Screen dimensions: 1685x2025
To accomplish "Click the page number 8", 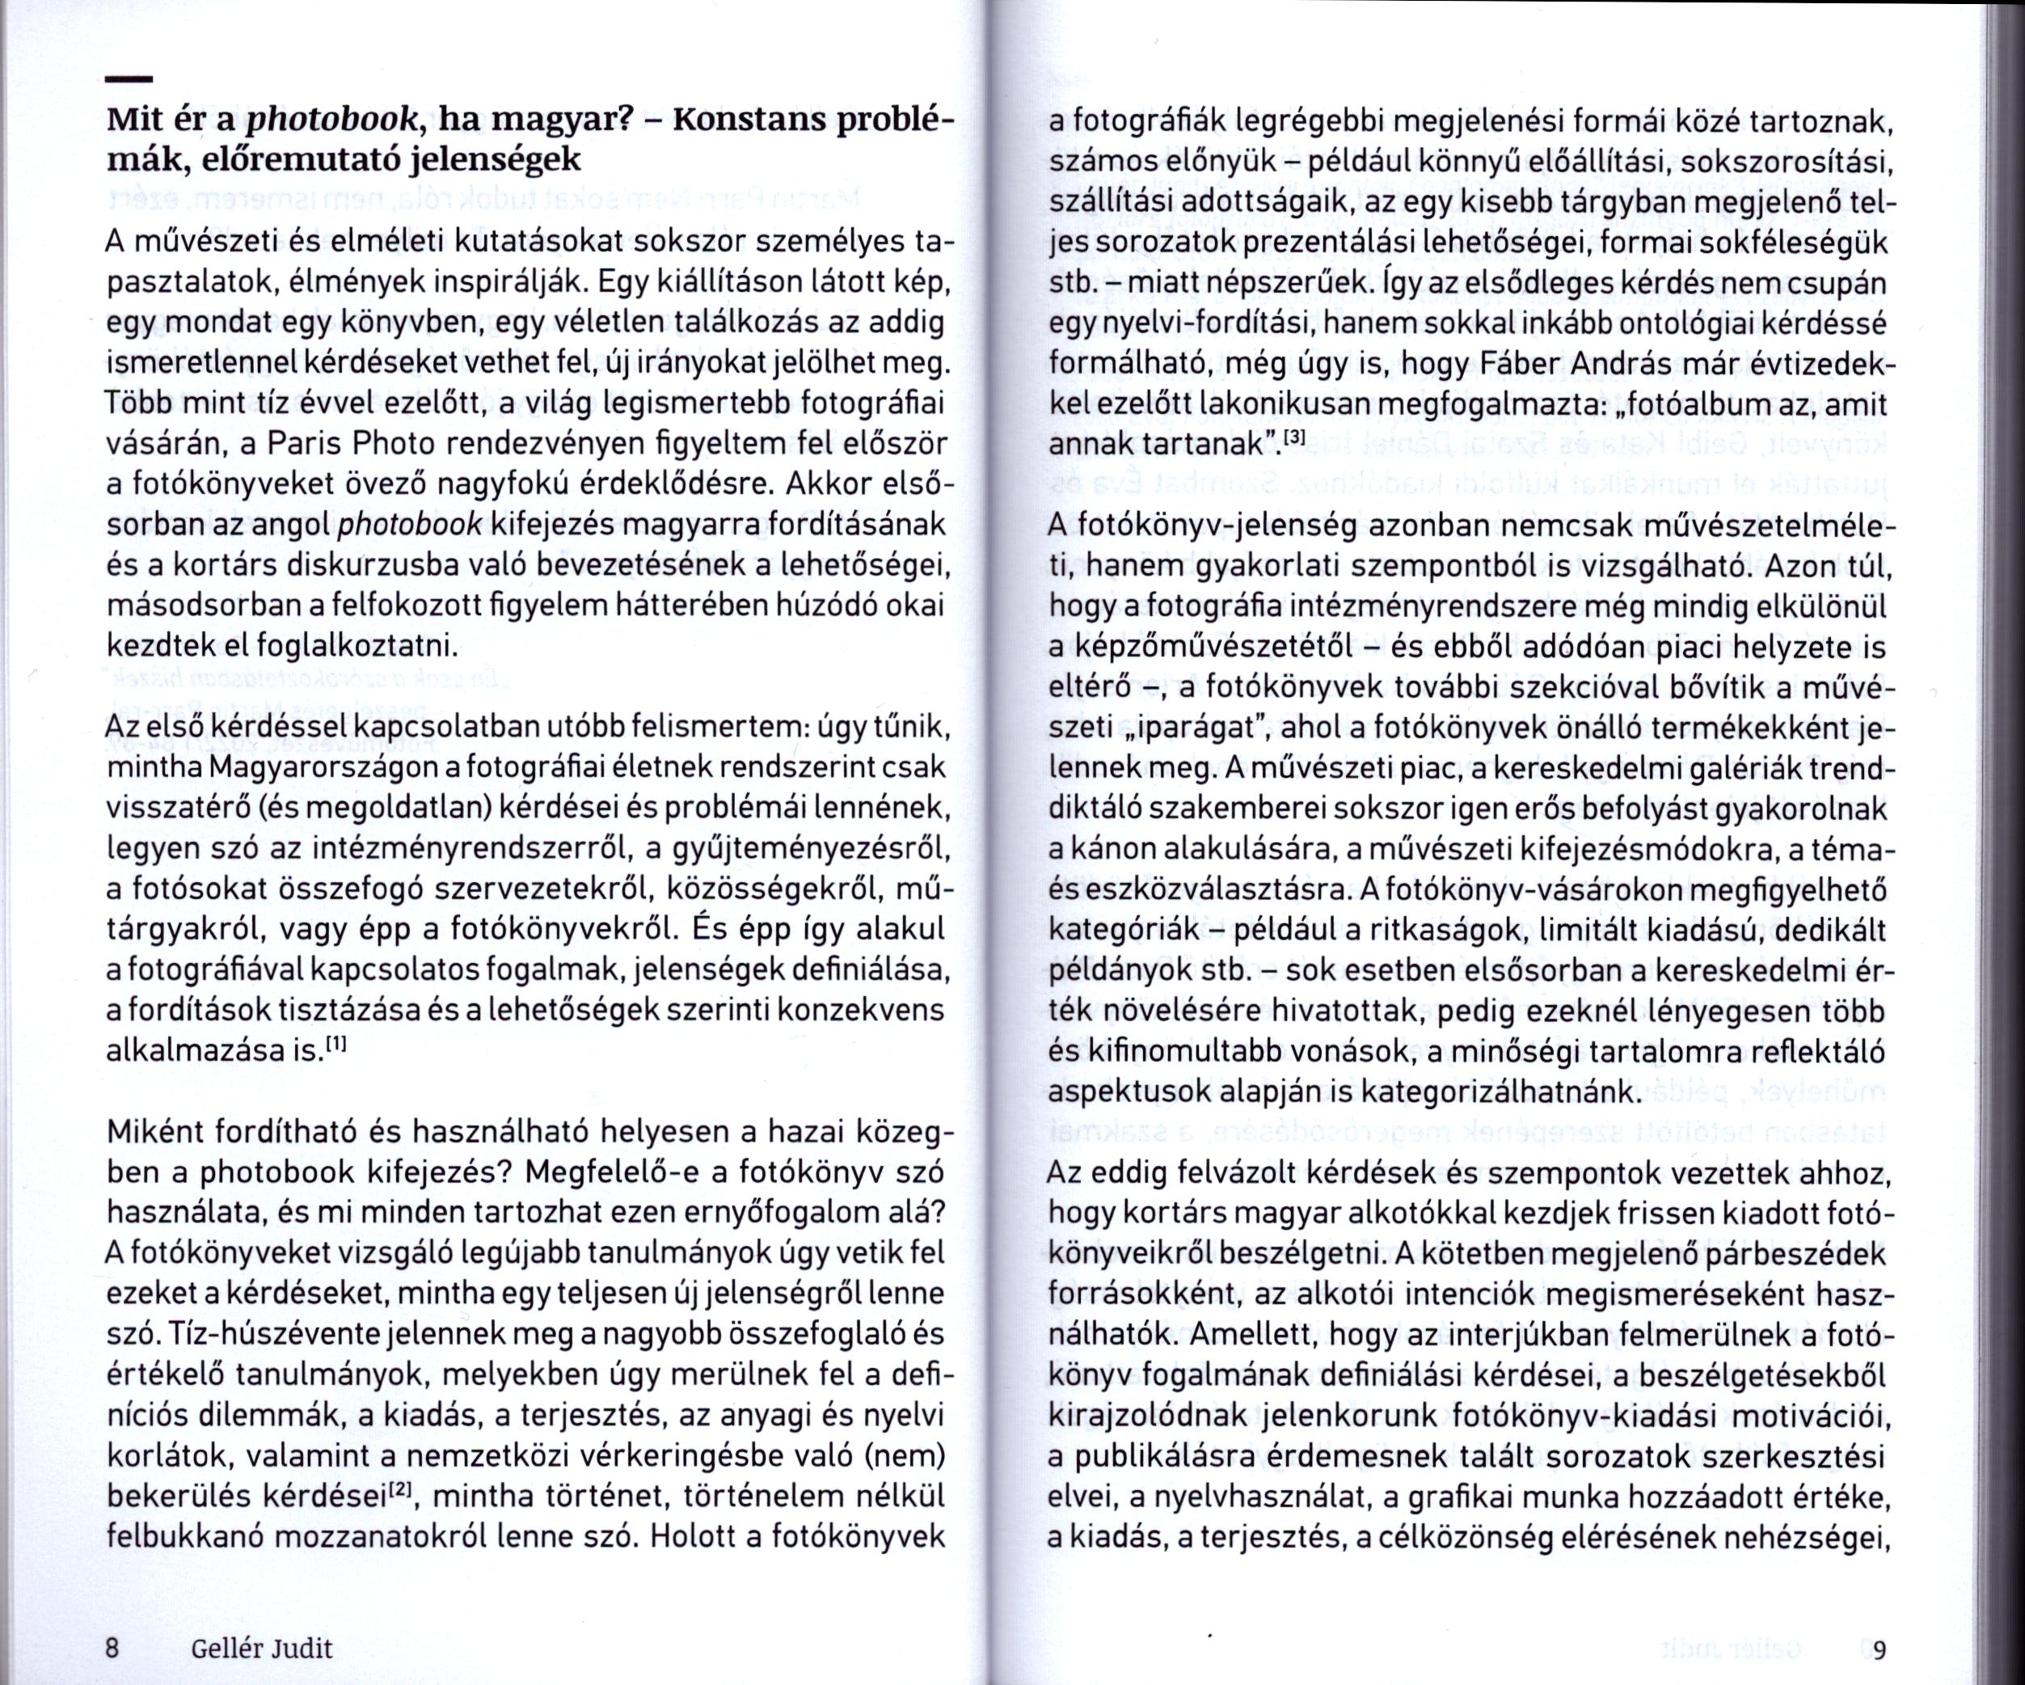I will click(x=112, y=1620).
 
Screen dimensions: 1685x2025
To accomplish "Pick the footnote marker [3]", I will click(x=1292, y=439).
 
